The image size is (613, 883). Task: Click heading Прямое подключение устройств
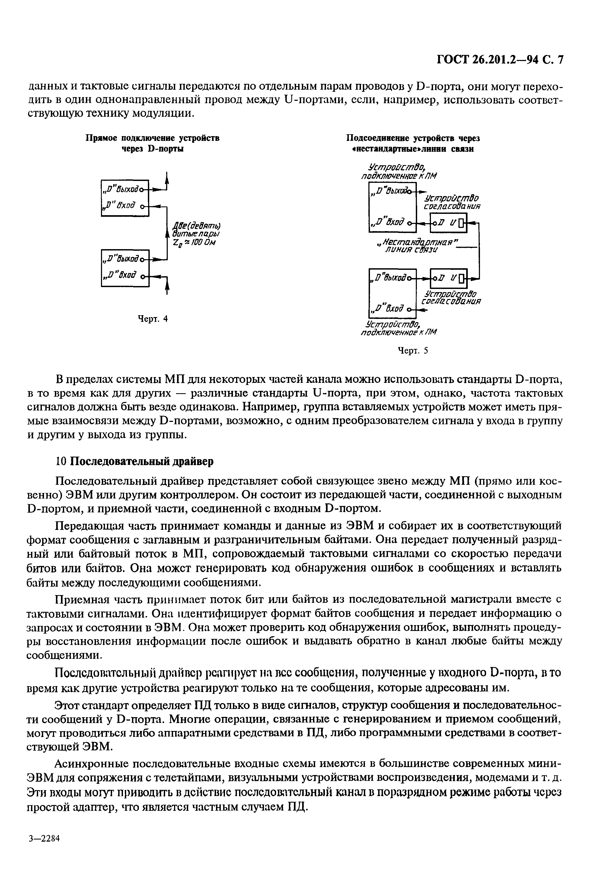coord(152,138)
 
